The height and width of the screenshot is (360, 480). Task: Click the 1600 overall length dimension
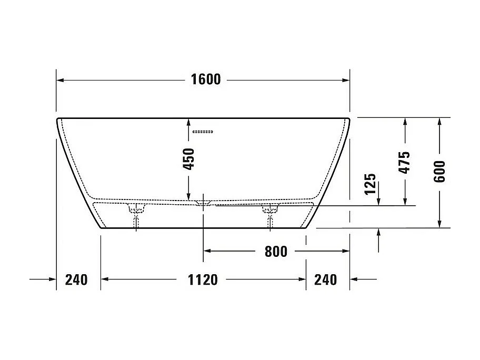pos(206,80)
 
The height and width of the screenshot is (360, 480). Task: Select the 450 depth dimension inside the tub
pos(189,158)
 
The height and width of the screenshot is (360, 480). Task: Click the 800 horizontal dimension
pos(276,252)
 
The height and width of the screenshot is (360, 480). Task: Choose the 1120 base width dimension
pos(203,279)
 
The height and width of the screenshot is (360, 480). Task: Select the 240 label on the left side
pos(76,279)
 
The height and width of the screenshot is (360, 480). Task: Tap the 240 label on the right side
pos(325,279)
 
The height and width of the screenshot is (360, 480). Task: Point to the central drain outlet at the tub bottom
pos(203,203)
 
